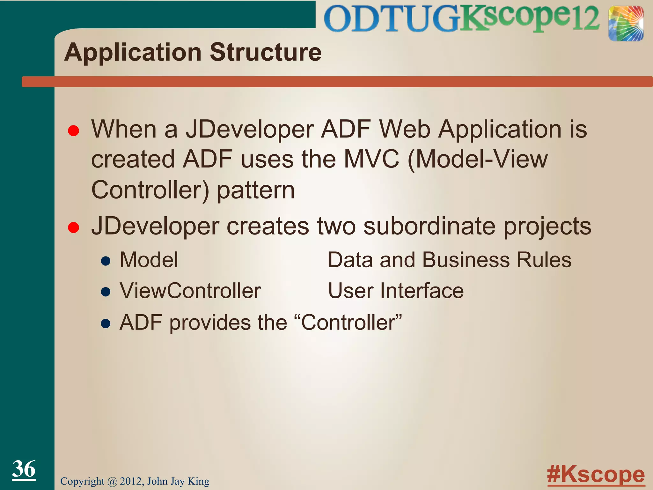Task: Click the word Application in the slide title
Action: pos(133,53)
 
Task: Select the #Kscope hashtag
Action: pos(596,475)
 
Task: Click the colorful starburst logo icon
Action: pos(626,24)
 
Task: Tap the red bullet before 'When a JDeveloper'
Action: pos(74,131)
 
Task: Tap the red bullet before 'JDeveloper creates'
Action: pos(74,227)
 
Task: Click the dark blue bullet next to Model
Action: pos(106,261)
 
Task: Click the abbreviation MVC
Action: pos(371,159)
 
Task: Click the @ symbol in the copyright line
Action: pos(112,481)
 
